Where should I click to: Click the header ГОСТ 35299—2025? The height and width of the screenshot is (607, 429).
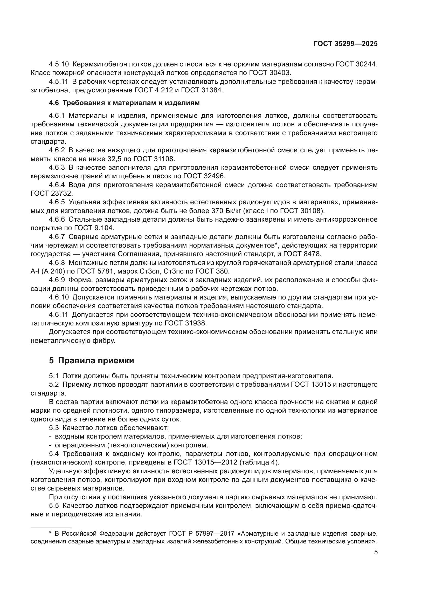coord(345,44)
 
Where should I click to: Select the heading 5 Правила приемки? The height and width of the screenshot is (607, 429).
coord(91,361)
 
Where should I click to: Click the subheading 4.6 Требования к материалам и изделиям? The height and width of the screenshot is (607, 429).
coord(124,103)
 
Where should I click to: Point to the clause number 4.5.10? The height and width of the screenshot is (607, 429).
coord(59,64)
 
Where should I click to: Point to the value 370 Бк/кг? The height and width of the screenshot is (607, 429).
coord(228,211)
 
